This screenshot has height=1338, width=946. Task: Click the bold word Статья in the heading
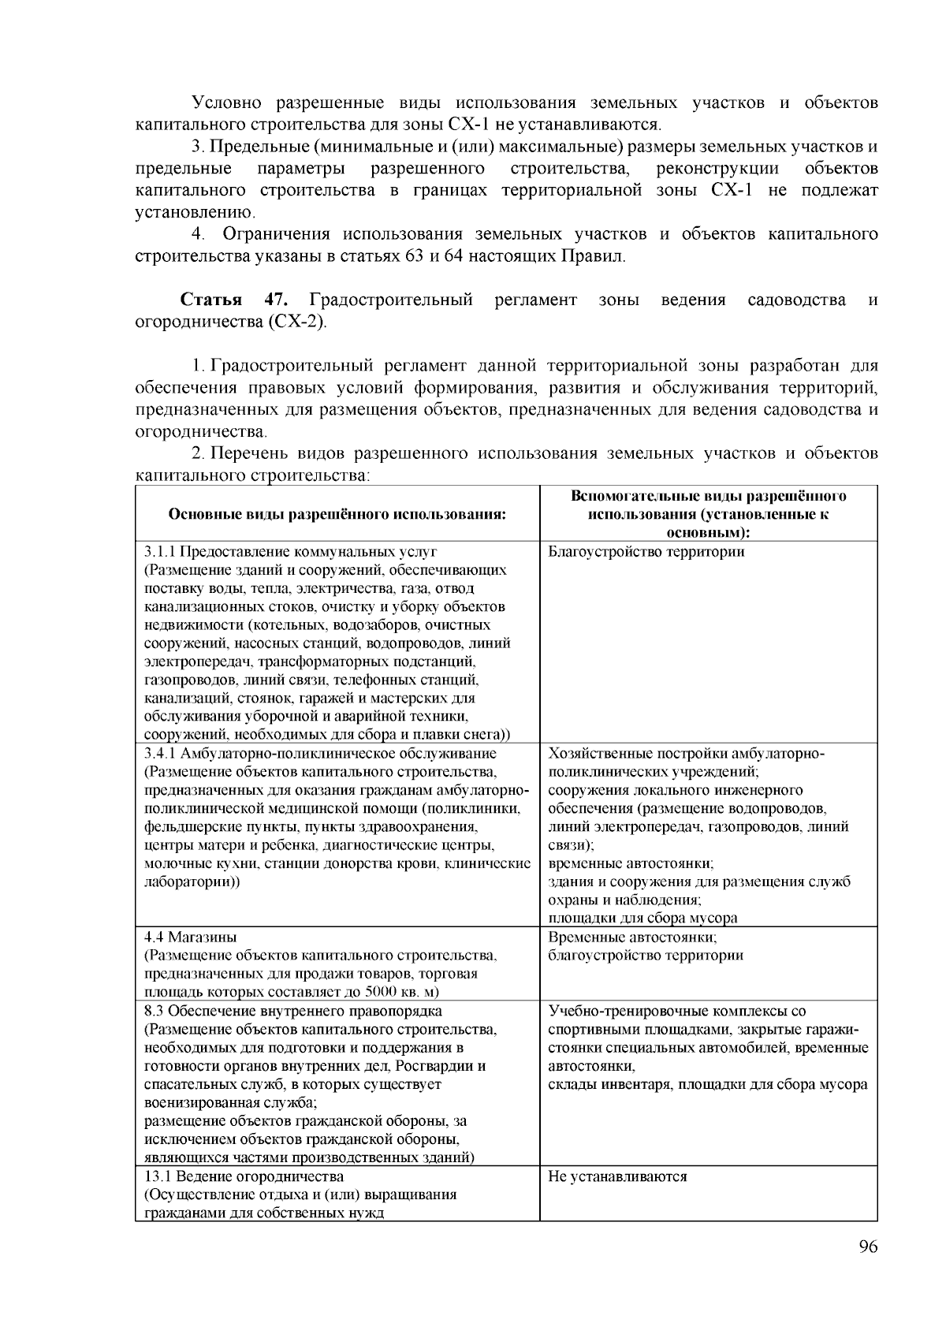pyautogui.click(x=211, y=300)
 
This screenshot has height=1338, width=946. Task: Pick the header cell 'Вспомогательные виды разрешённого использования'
pyautogui.click(x=708, y=513)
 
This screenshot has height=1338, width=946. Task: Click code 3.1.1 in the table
pyautogui.click(x=161, y=552)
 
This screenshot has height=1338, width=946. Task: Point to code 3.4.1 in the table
pyautogui.click(x=161, y=753)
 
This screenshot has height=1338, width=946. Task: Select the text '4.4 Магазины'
pyautogui.click(x=190, y=937)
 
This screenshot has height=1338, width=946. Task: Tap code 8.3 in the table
pyautogui.click(x=155, y=1011)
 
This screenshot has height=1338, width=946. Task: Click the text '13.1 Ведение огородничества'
pyautogui.click(x=244, y=1176)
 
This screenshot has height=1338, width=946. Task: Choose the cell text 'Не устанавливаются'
pyautogui.click(x=617, y=1176)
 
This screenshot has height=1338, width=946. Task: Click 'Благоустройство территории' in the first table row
pyautogui.click(x=646, y=552)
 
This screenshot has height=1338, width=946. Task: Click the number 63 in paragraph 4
pyautogui.click(x=414, y=256)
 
